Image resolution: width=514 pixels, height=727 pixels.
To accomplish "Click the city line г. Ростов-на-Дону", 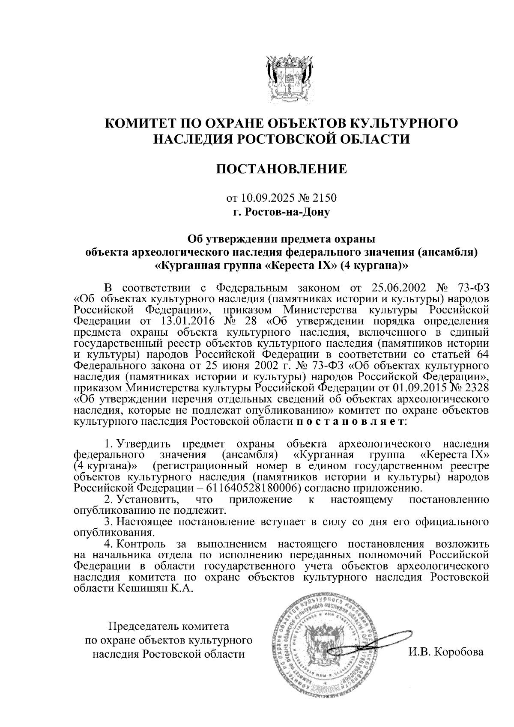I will coord(281,212).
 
